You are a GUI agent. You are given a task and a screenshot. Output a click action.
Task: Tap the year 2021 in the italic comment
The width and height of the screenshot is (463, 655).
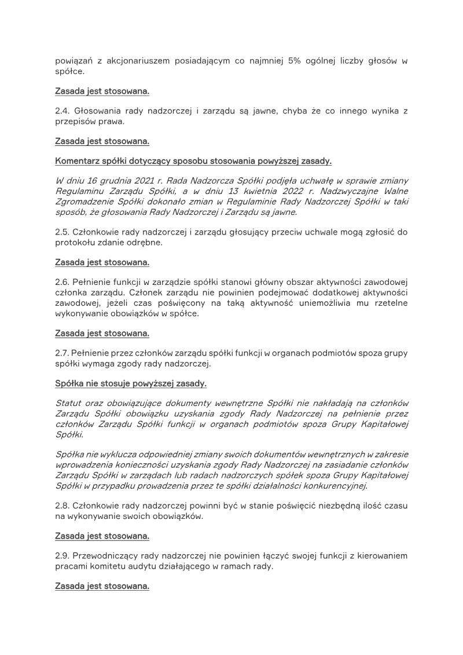coord(130,181)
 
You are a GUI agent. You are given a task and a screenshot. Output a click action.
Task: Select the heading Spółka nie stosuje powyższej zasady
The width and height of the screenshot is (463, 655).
coord(130,383)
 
